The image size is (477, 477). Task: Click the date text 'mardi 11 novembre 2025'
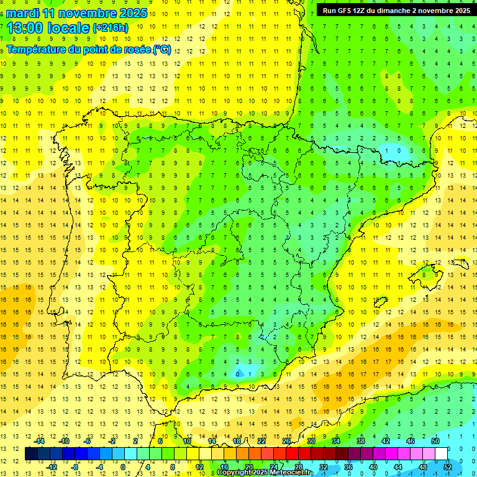point(77,13)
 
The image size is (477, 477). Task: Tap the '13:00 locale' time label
point(48,28)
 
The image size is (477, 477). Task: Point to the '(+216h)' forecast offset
point(110,28)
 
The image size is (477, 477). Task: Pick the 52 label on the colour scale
point(447,466)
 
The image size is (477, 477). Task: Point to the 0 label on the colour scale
point(123,466)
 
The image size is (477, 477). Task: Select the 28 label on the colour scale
point(299,466)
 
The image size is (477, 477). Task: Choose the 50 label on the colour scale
point(435,441)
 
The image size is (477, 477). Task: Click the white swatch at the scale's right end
point(441,454)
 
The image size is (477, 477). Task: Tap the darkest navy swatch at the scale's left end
point(31,454)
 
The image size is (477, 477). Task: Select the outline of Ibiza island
point(379,302)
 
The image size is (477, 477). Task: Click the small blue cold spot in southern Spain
point(238,374)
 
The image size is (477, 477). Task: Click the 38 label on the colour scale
point(360,441)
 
